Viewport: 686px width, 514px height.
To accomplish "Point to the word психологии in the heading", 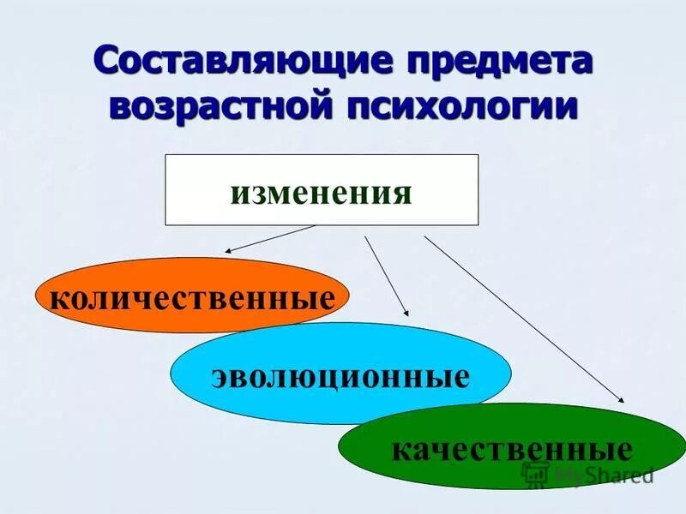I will (460, 108).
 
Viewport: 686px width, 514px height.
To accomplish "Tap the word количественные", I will (192, 299).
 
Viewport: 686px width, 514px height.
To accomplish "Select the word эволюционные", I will (340, 376).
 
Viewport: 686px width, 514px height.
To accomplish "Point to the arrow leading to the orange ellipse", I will (270, 239).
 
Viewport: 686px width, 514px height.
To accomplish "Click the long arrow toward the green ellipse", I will (523, 317).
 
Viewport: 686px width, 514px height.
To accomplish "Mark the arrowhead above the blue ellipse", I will (406, 314).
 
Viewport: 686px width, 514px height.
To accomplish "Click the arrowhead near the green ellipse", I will (621, 398).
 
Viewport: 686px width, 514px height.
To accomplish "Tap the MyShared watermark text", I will (604, 475).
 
